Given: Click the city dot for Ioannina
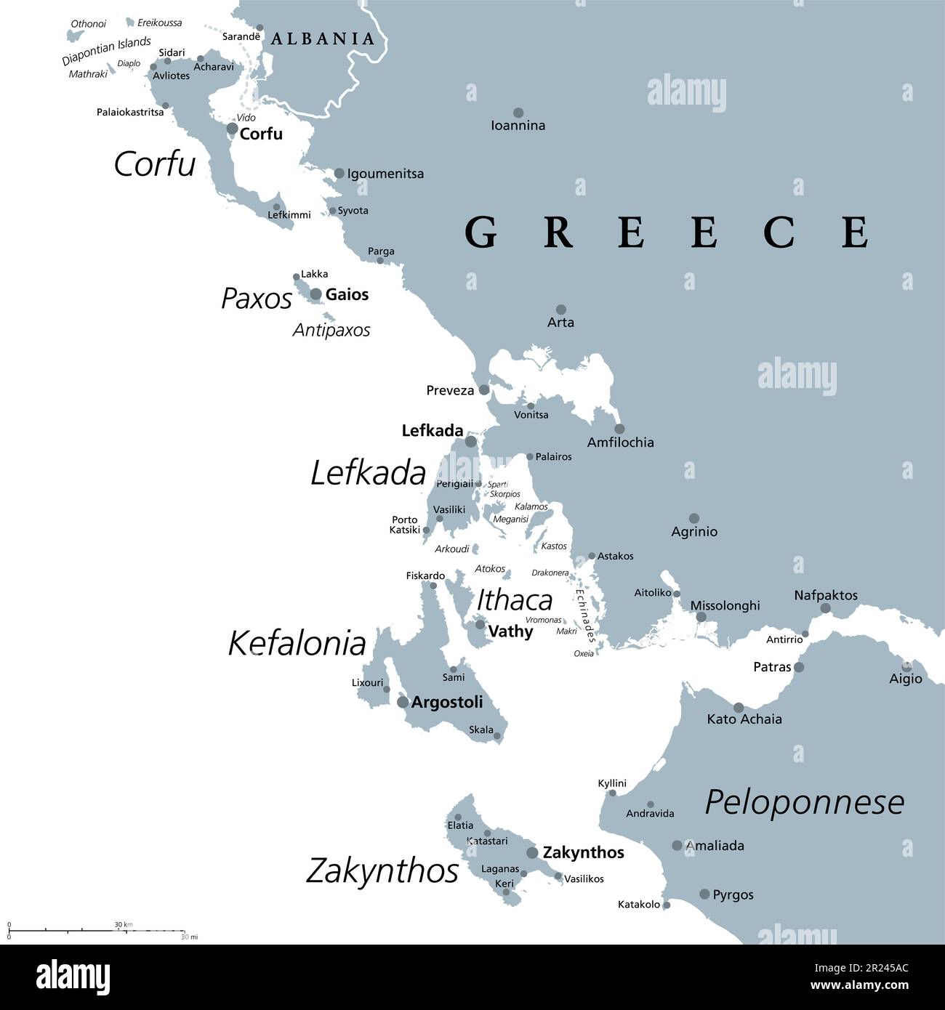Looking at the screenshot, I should point(518,113).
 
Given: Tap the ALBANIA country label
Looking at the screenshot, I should point(322,39).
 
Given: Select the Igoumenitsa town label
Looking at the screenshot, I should point(385,174).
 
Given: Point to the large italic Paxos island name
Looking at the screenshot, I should point(257,298).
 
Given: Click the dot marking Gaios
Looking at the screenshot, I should point(315,294).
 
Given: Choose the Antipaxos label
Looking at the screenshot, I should point(331,330).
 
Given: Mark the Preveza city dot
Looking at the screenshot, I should point(484,389).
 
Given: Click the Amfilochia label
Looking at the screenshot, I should point(620,442).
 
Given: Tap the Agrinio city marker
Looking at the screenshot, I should point(694,518).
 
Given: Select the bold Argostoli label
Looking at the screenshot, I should point(447,703).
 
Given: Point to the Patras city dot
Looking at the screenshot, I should point(799,667).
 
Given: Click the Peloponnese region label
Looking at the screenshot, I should point(805,803).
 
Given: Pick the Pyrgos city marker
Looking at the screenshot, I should point(704,894).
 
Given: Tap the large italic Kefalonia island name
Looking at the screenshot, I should point(297,644).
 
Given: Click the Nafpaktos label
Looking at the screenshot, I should point(825,595).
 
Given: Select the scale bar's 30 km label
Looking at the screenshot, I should point(123,924).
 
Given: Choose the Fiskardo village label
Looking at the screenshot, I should point(425,575).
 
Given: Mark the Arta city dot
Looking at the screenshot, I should point(561,310).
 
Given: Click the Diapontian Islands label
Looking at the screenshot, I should point(106,51).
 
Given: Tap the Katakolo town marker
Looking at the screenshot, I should point(667,905).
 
